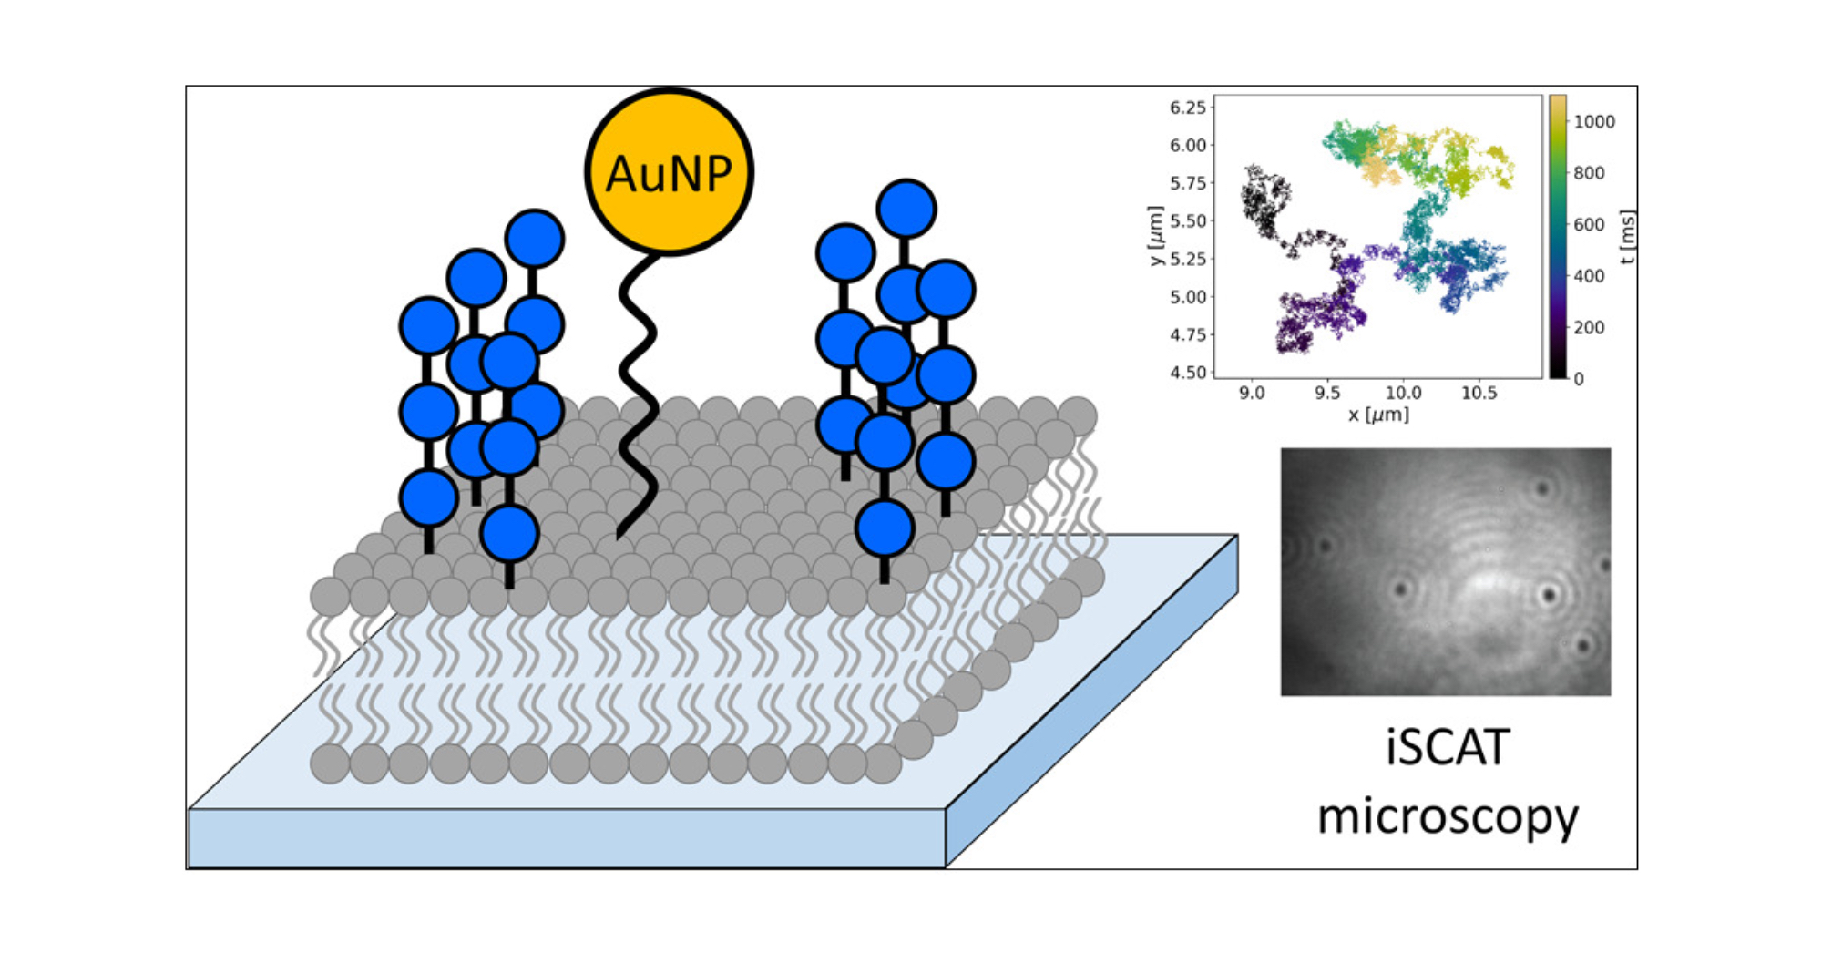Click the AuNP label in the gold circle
pyautogui.click(x=669, y=173)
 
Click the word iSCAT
pyautogui.click(x=1448, y=748)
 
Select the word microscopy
pyautogui.click(x=1448, y=816)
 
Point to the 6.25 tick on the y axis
pyautogui.click(x=1187, y=108)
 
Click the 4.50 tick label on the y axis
pyautogui.click(x=1187, y=372)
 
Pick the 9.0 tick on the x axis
pyautogui.click(x=1252, y=393)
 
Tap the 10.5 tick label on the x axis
pyautogui.click(x=1479, y=393)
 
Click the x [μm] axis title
pyautogui.click(x=1378, y=415)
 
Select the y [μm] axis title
pyautogui.click(x=1156, y=235)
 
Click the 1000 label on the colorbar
pyautogui.click(x=1594, y=122)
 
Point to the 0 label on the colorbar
pyautogui.click(x=1579, y=379)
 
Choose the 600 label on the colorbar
pyautogui.click(x=1589, y=225)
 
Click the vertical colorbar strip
pyautogui.click(x=1558, y=237)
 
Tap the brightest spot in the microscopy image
pyautogui.click(x=1485, y=583)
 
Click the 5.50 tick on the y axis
pyautogui.click(x=1187, y=220)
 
